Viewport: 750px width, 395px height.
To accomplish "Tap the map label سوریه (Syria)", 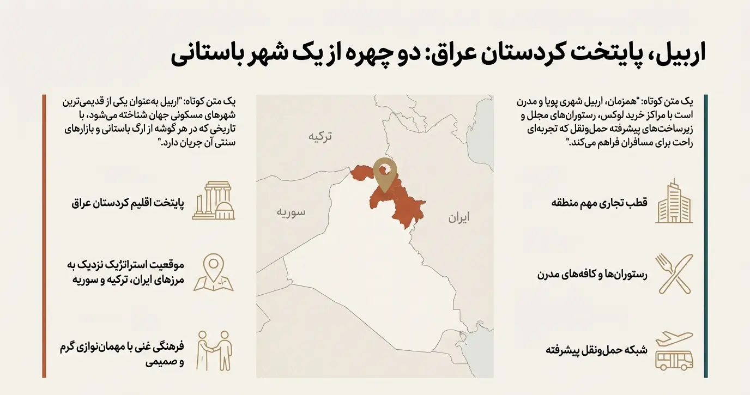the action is point(289,212).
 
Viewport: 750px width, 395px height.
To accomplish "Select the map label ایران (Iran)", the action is point(459,218).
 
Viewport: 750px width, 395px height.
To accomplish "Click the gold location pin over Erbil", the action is point(385,173).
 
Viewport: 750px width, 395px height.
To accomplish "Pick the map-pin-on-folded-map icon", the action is point(213,272).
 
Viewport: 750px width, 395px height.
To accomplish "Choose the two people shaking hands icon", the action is point(213,350).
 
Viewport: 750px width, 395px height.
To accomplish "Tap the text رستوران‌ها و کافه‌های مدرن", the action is point(592,275).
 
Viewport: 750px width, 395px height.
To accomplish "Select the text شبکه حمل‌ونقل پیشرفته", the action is point(596,350).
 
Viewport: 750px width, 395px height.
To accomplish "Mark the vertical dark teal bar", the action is point(706,236).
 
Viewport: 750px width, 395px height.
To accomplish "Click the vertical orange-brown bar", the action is point(44,236).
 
